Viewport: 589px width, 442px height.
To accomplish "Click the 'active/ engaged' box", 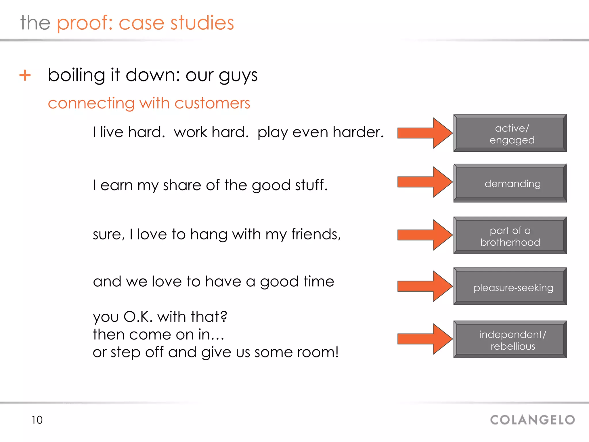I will coord(510,133).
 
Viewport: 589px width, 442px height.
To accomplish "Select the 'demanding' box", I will coord(510,183).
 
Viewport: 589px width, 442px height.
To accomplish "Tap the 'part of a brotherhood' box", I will coord(510,235).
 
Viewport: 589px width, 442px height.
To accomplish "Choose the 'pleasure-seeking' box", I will coord(510,287).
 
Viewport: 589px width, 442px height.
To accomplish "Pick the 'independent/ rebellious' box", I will coord(510,340).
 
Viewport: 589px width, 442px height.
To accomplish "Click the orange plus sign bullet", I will coord(25,75).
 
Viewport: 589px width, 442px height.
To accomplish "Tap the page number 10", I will coord(37,420).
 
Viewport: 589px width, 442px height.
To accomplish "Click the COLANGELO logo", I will coord(532,420).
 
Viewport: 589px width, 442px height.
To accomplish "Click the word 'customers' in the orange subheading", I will coord(212,103).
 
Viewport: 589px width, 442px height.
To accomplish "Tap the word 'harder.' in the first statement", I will coord(358,132).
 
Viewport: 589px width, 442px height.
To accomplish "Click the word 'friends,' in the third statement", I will coord(316,234).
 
